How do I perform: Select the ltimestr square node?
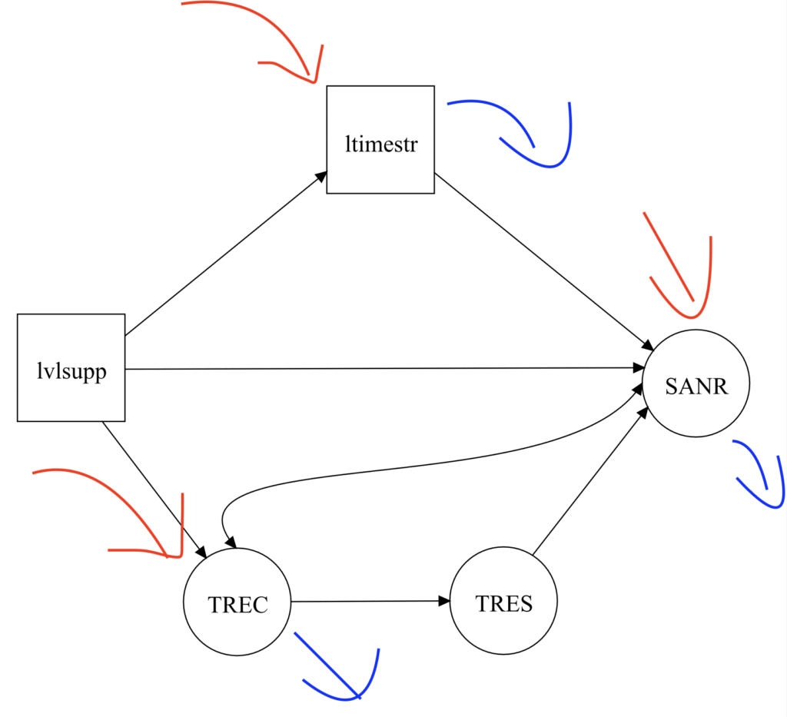coord(380,139)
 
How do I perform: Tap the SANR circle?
coord(696,383)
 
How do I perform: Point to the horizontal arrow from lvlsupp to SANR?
coord(384,368)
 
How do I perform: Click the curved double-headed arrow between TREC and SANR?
coord(430,466)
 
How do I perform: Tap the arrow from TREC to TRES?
coord(369,601)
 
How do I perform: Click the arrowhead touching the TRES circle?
coord(444,601)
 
